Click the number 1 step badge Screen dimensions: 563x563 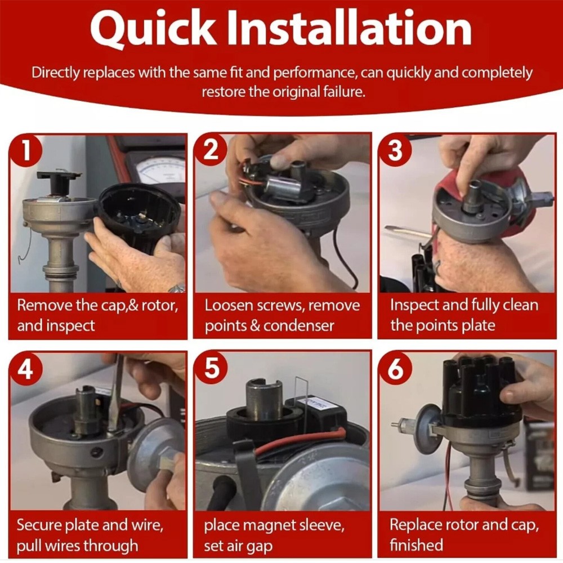pos(25,150)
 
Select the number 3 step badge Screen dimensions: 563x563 pos(395,150)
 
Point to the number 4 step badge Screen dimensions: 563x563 pos(26,369)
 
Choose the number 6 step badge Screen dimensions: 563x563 pos(396,369)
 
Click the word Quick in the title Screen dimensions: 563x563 pos(153,29)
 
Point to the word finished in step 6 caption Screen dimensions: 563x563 pos(417,544)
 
